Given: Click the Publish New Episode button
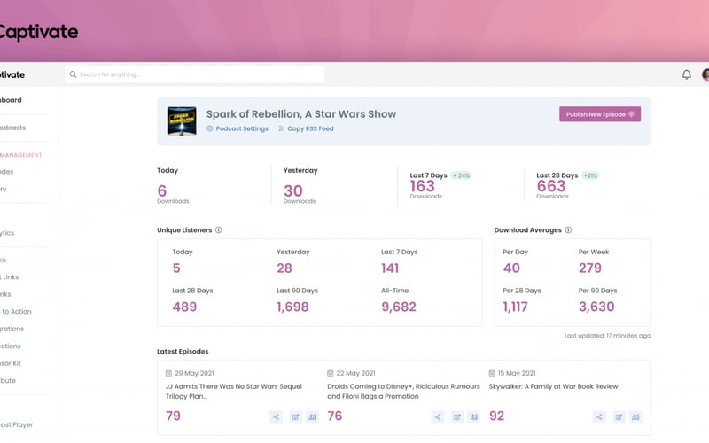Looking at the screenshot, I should point(599,114).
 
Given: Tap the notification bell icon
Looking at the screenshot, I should point(686,75).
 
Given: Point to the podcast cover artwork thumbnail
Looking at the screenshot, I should point(182,120).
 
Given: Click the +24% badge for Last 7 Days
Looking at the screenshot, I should point(461,175).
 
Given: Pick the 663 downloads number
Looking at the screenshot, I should point(551,186).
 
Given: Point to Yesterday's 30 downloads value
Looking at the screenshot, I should point(293,190).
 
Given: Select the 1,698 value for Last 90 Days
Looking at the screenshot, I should point(292,307).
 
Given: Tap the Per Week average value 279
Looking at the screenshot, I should point(590,268).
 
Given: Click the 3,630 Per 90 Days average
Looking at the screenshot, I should point(596,307).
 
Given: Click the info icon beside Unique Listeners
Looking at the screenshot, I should point(219,230).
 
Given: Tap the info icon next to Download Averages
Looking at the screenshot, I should point(568,230).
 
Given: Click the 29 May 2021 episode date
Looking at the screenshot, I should point(196,373).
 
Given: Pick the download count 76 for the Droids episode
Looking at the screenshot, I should point(335,416).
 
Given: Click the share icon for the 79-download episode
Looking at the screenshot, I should point(277,416).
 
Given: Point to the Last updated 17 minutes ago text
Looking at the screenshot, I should point(607,336).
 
